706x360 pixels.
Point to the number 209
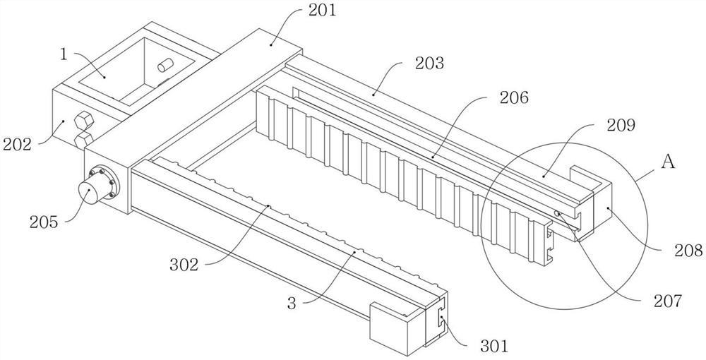tap(621, 126)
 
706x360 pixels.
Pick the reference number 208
tap(688, 249)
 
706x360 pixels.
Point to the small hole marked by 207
tap(558, 213)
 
